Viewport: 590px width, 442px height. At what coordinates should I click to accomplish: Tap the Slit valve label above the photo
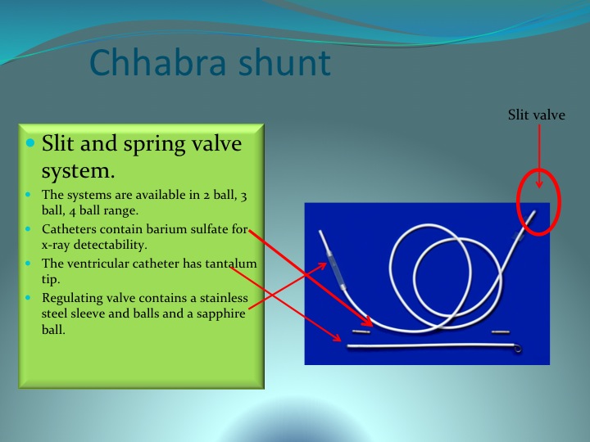[x=536, y=115]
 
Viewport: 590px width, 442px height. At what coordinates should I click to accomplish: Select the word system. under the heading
[x=78, y=171]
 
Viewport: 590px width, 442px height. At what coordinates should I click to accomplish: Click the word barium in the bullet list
[x=166, y=229]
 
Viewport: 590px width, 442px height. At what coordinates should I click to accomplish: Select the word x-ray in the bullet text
[x=56, y=246]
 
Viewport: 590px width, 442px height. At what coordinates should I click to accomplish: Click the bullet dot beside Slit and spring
[x=31, y=142]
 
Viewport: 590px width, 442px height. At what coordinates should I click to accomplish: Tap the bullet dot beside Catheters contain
[x=28, y=228]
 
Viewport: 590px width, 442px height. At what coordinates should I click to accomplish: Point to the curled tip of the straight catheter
[x=518, y=349]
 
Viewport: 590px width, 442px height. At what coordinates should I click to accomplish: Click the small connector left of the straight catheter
[x=361, y=331]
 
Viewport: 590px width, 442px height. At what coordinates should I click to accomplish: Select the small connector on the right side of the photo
[x=501, y=331]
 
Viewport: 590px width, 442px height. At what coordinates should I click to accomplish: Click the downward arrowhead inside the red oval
[x=539, y=184]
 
